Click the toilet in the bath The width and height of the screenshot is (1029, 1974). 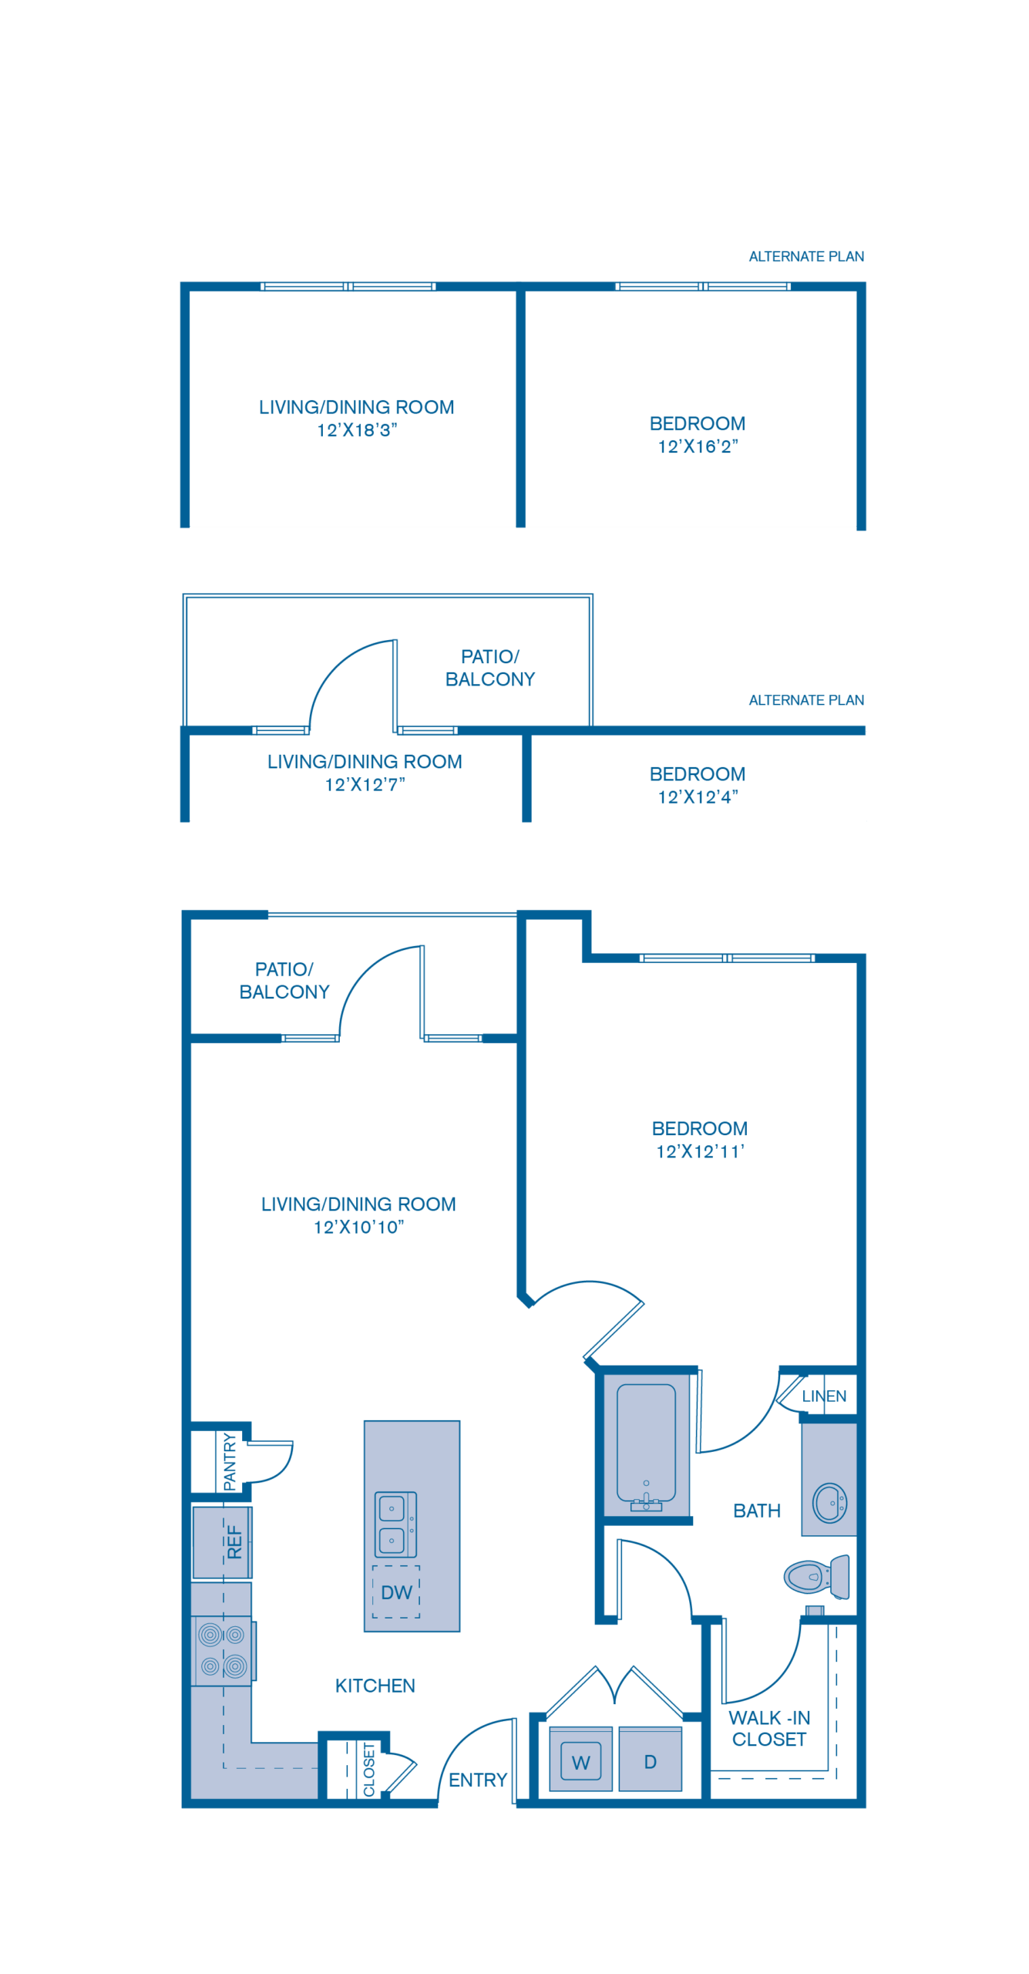click(x=815, y=1577)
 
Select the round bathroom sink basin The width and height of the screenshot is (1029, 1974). click(x=830, y=1503)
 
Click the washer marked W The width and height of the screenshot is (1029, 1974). click(x=581, y=1762)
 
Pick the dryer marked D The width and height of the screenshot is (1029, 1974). click(x=651, y=1762)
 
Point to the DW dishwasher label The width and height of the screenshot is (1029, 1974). click(x=396, y=1592)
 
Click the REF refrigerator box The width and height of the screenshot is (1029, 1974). click(x=223, y=1542)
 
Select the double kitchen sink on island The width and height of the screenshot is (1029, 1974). click(x=395, y=1524)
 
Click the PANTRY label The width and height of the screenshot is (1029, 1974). click(x=230, y=1461)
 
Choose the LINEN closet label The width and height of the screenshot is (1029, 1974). click(x=824, y=1396)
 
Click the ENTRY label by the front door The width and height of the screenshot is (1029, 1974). click(x=478, y=1780)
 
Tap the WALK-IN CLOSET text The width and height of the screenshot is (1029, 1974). click(x=769, y=1729)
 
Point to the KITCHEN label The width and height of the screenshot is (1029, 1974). click(x=375, y=1686)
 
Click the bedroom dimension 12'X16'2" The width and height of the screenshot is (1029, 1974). click(x=698, y=446)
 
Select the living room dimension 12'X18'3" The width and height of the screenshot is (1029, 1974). click(x=357, y=430)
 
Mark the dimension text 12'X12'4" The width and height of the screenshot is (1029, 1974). click(x=698, y=797)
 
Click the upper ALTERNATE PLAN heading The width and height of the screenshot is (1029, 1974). click(x=806, y=257)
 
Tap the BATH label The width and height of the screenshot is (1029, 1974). click(x=757, y=1511)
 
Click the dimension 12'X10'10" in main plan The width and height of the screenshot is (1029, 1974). click(x=358, y=1227)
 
